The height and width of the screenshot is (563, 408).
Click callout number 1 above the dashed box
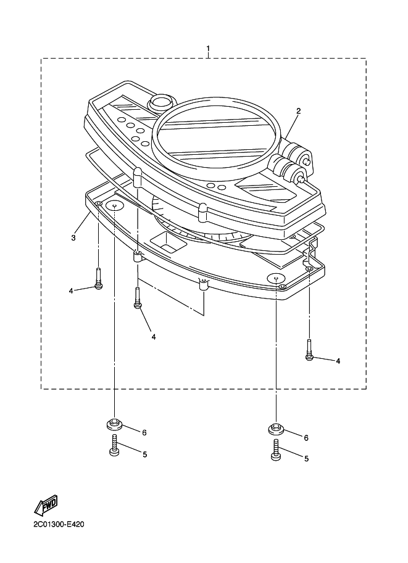(208, 48)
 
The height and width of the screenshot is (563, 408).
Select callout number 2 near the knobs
(298, 111)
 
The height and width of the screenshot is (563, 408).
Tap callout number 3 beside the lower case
(73, 237)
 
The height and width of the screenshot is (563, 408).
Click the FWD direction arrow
(46, 504)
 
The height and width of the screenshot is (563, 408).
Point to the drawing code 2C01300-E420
(59, 525)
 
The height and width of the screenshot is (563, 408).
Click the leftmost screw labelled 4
(99, 279)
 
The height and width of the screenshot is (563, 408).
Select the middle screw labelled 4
(137, 297)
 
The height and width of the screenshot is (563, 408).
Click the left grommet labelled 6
(114, 424)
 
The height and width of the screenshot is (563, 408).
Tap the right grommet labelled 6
(276, 429)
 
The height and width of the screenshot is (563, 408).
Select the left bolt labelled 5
(114, 445)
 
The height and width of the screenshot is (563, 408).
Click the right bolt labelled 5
(276, 450)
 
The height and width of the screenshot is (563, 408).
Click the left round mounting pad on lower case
(114, 206)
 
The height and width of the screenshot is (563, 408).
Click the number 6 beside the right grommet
(306, 438)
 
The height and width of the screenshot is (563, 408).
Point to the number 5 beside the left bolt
(144, 454)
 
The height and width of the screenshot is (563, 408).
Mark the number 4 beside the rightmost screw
(338, 361)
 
